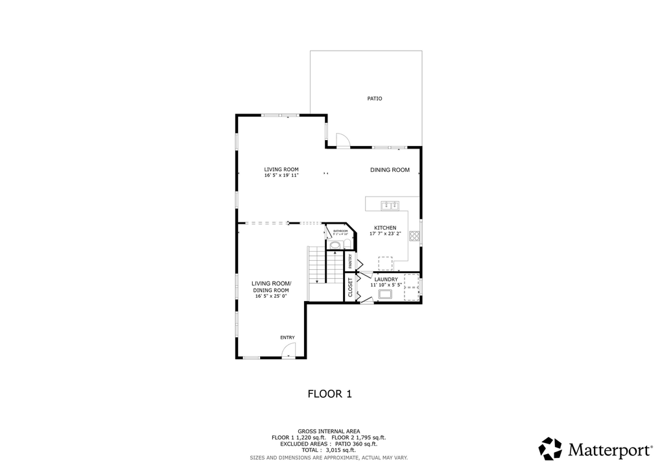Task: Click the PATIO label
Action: (x=375, y=99)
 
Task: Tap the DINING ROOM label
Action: (x=390, y=170)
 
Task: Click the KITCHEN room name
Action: (x=384, y=228)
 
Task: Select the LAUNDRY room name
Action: (x=386, y=279)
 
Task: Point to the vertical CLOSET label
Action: (x=350, y=288)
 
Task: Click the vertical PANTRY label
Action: (x=350, y=261)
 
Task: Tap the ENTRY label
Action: (x=287, y=337)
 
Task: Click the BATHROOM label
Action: (x=340, y=230)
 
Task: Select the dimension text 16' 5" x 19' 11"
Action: (x=281, y=175)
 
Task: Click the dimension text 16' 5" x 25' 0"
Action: (x=271, y=296)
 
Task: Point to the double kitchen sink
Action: (x=390, y=206)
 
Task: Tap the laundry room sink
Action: (x=385, y=294)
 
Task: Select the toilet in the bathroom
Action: (x=335, y=245)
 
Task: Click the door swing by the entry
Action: (x=289, y=350)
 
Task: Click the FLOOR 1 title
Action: (x=329, y=393)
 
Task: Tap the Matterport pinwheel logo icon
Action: (x=550, y=449)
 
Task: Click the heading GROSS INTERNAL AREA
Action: (x=329, y=431)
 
